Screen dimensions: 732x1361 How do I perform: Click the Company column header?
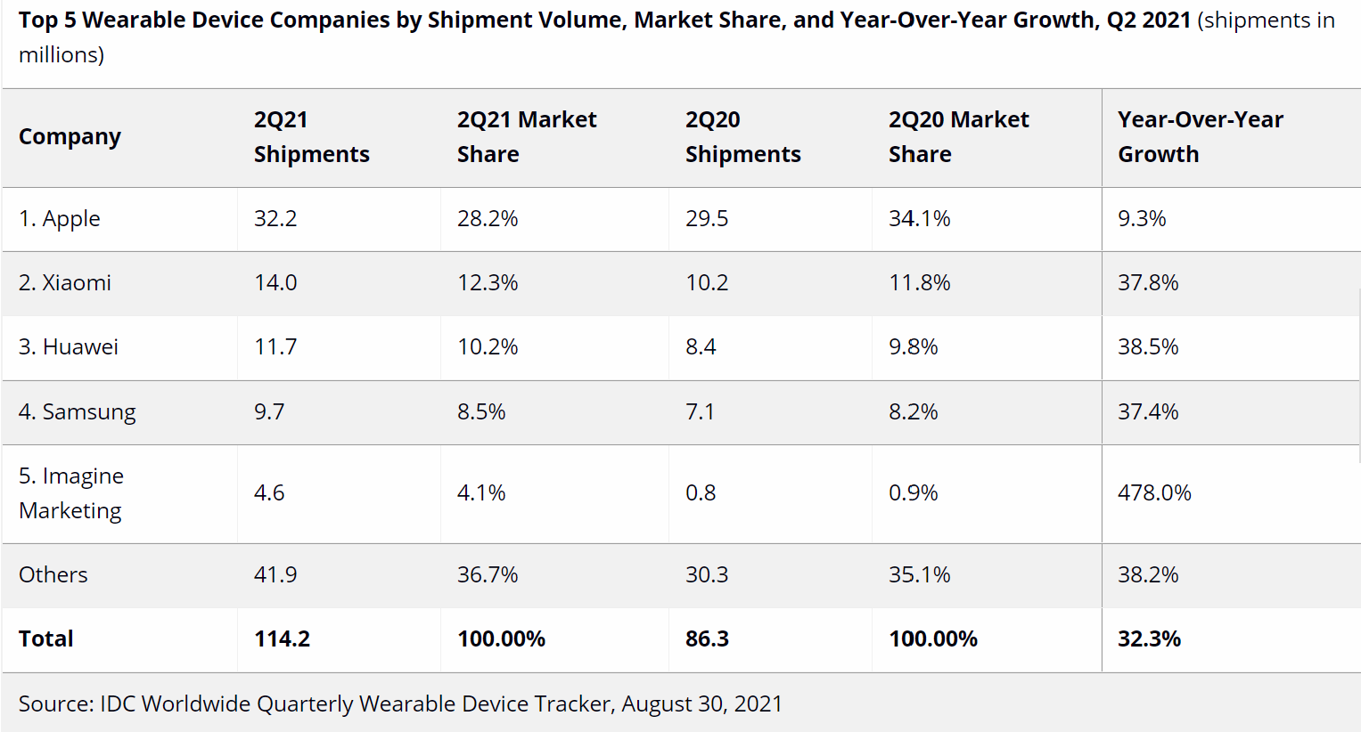pos(70,136)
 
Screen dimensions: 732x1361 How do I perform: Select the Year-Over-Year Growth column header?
pos(1200,136)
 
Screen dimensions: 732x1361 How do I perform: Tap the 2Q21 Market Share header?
pos(526,136)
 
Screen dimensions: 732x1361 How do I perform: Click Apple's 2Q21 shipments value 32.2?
pos(275,218)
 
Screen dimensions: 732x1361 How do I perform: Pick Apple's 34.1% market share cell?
pos(919,218)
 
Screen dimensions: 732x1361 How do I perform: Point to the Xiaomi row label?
pos(65,282)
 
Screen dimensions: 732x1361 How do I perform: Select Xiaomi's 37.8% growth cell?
pos(1148,282)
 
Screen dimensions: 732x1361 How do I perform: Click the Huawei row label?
pos(69,346)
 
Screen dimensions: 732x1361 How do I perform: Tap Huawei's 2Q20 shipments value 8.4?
pos(701,346)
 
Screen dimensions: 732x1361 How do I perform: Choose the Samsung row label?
pos(78,411)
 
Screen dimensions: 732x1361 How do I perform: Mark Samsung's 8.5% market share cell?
pos(481,411)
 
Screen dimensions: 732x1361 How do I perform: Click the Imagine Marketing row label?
pos(71,492)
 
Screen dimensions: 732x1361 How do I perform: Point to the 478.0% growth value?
pos(1154,492)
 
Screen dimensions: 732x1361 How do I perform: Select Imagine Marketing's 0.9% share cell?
pos(913,492)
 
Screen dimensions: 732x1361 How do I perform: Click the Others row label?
pos(53,574)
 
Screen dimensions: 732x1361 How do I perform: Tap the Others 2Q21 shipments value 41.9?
pos(275,574)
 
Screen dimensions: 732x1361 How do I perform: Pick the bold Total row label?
pos(46,638)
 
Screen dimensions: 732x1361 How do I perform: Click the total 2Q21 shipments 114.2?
pos(282,638)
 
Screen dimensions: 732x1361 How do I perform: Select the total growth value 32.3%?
pos(1149,638)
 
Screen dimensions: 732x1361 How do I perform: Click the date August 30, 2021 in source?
pos(701,704)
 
